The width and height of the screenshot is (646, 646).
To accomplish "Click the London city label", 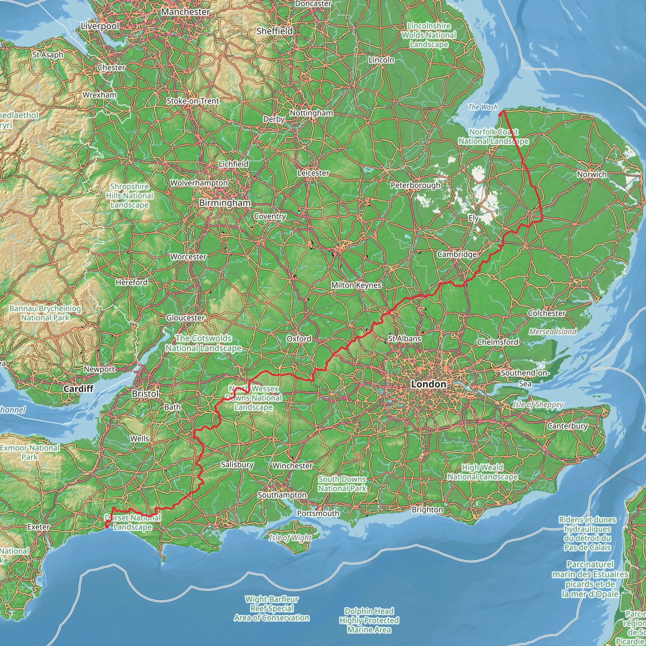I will (428, 384).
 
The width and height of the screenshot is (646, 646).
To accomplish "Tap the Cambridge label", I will (457, 255).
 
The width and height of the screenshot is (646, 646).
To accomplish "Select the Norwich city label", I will (591, 174).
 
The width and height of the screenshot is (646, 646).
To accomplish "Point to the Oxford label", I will (299, 339).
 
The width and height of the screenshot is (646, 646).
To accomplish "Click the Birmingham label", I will (225, 203).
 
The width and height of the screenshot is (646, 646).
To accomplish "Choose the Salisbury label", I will (237, 464).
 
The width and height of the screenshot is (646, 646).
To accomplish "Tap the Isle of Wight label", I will (290, 538).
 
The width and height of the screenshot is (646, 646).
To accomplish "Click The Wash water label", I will (483, 107).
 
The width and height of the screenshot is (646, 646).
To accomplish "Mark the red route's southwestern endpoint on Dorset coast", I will (107, 527).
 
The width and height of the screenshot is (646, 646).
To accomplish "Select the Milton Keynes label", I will (356, 285).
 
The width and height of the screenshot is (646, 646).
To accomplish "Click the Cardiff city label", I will (79, 389).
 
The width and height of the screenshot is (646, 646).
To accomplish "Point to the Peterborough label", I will (415, 185).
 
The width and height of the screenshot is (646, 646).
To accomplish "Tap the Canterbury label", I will (567, 426).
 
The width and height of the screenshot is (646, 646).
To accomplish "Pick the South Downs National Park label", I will (342, 484).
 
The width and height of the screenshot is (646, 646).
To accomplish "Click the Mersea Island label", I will (553, 332).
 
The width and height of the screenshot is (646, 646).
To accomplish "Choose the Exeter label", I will (38, 527).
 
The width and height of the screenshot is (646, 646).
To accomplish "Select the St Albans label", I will (405, 339).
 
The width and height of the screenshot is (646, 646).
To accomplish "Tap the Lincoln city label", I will (381, 60).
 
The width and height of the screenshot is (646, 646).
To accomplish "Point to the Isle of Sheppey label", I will (538, 405).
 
